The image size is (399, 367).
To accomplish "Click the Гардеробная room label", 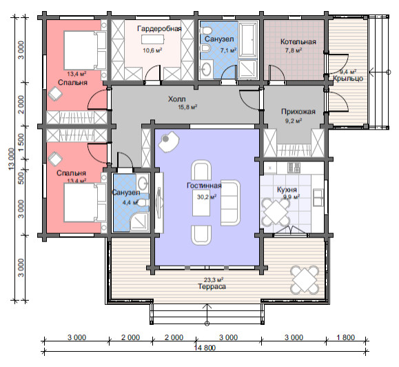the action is point(159,28).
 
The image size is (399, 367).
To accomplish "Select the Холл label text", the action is point(177,99).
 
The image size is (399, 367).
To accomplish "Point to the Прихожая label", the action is point(298,112).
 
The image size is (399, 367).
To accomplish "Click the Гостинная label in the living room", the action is point(204,186).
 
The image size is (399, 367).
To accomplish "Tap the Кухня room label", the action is point(287,190).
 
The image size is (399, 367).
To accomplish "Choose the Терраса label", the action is point(212,286).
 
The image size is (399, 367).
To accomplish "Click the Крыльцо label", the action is point(348,79).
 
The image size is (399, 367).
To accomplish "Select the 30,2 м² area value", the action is point(207,197).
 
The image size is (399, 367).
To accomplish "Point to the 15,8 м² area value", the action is point(187,107).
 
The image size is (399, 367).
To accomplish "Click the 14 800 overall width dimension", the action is point(205,348).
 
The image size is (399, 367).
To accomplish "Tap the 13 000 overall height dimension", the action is point(12,159).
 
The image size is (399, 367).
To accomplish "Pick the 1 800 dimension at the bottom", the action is point(345,337).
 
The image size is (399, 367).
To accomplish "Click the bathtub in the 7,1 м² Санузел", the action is point(248,39).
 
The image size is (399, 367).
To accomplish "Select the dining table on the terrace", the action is point(305,280).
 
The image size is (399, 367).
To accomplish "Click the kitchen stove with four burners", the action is point(294,168).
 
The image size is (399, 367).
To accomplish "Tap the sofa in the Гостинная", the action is point(230,203).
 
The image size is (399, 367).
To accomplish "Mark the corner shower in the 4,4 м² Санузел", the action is point(139,222).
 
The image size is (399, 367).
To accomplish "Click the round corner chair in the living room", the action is point(168,141).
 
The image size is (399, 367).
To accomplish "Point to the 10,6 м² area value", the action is point(152,50).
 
